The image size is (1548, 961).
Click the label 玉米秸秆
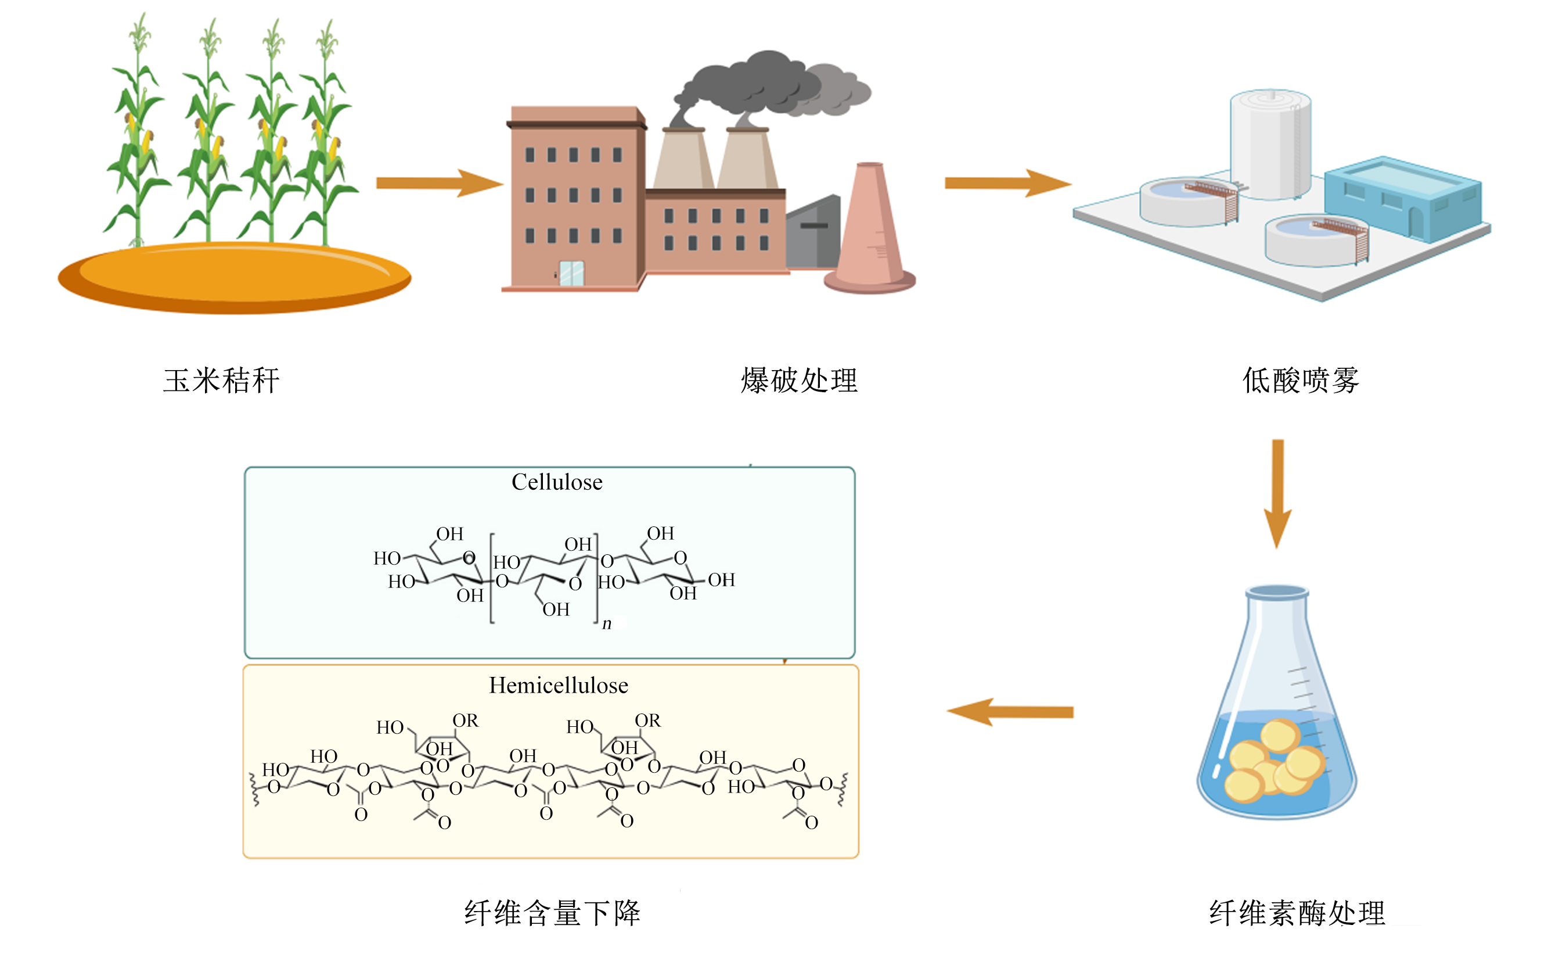tap(221, 381)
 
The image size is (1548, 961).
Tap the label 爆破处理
tap(799, 381)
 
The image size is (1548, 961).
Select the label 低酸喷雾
tap(1300, 381)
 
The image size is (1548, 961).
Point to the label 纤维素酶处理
tap(1297, 913)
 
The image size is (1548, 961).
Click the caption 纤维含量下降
tap(552, 913)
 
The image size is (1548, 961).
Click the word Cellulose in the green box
tap(557, 482)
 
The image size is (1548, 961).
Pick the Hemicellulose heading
tap(559, 685)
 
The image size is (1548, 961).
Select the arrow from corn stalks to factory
tap(440, 183)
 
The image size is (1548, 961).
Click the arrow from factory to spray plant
tap(1008, 183)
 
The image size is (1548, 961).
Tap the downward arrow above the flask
tap(1277, 494)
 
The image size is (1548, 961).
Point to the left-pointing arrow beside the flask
tap(1010, 712)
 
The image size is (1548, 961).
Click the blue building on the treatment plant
tap(1403, 199)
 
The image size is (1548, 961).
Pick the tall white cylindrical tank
tap(1270, 144)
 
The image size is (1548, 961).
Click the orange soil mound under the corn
tap(235, 278)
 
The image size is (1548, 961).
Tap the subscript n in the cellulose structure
tap(607, 623)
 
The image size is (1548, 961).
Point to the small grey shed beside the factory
tap(813, 231)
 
